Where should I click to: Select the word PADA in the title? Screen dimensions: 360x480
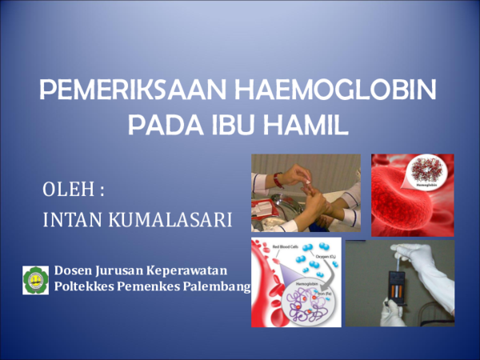pyautogui.click(x=159, y=126)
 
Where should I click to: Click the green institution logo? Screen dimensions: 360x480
pyautogui.click(x=35, y=279)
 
